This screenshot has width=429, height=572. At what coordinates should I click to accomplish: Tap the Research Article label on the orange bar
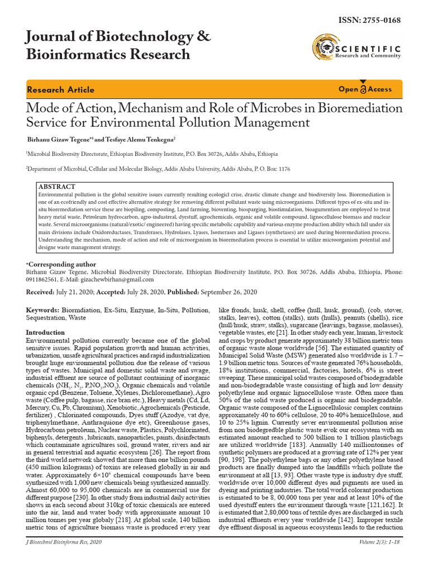[x=61, y=90]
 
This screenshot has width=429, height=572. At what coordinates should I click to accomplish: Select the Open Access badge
[x=365, y=89]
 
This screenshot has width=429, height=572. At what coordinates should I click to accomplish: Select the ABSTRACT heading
[x=56, y=186]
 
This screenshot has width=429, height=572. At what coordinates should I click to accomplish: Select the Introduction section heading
[x=46, y=332]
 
